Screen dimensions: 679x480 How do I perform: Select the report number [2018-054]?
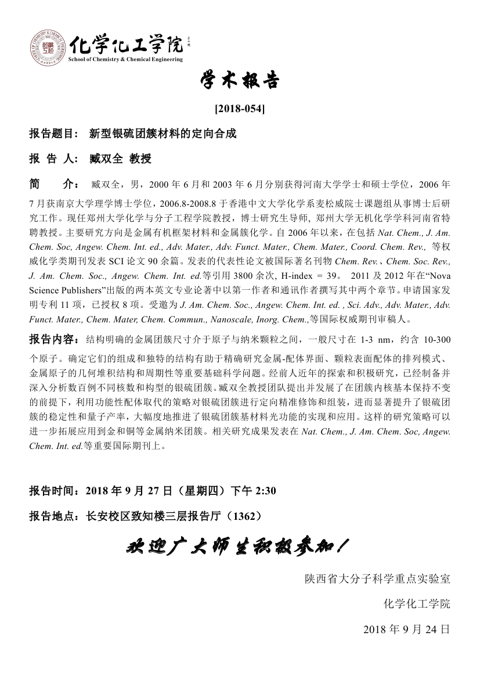tap(240, 109)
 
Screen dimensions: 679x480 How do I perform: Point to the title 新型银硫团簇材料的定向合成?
tap(163, 134)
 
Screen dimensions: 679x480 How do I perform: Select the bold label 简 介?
tap(52, 185)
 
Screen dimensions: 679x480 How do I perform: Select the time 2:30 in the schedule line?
tap(265, 491)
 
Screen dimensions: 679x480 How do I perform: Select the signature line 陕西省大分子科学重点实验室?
tap(377, 579)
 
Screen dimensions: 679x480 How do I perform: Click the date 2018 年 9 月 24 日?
tap(406, 629)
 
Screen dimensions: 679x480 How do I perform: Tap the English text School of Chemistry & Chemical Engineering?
tap(126, 59)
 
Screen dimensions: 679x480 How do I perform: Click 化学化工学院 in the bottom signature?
tap(417, 603)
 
